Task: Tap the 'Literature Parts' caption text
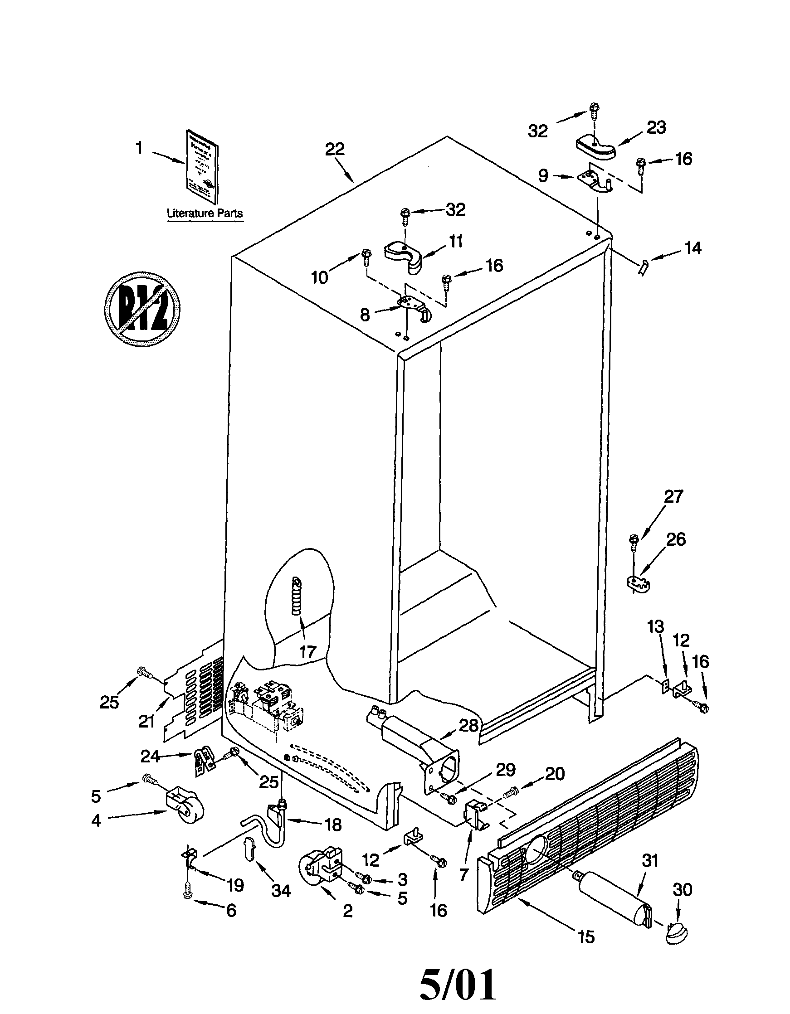coord(205,213)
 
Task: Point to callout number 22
coord(335,149)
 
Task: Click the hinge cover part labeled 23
coord(596,148)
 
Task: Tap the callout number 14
coord(692,248)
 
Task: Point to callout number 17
coord(307,652)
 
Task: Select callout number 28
coord(468,725)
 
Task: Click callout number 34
coord(281,891)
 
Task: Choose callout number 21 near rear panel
coord(146,722)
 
